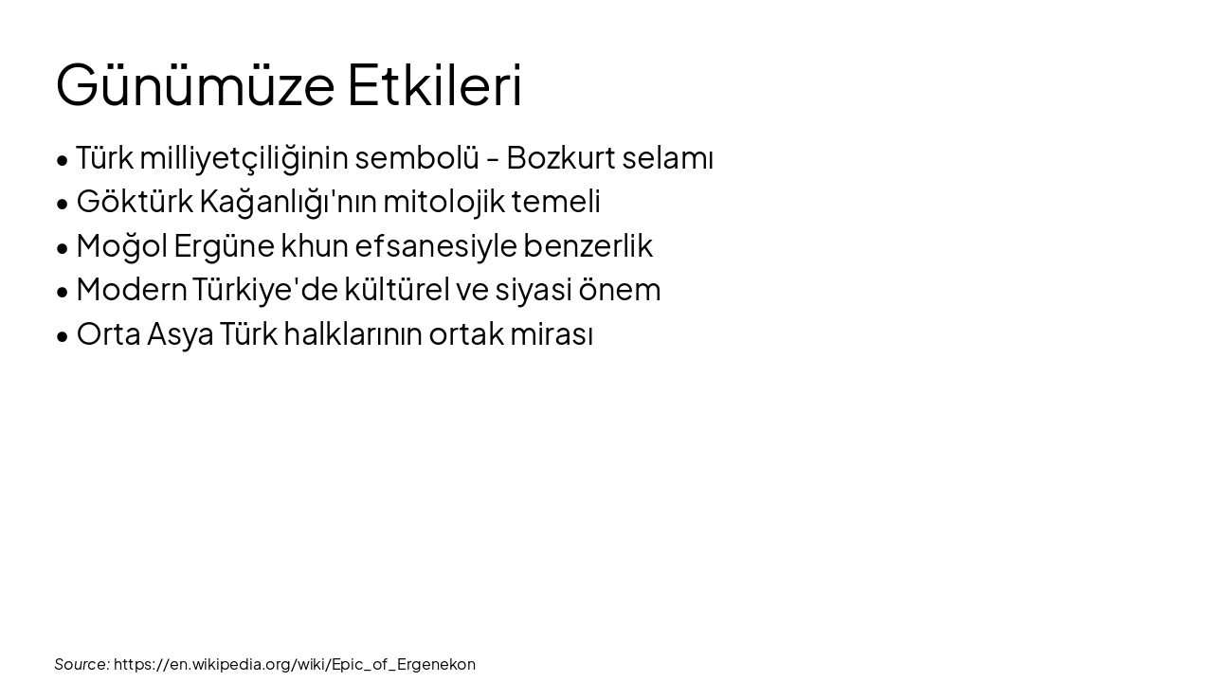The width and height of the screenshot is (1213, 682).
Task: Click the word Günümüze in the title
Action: [195, 85]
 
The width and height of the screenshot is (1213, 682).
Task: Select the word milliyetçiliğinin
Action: [244, 158]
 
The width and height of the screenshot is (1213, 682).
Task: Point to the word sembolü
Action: [417, 158]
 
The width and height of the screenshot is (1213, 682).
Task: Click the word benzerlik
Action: [588, 246]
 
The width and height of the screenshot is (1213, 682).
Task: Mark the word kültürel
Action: [396, 290]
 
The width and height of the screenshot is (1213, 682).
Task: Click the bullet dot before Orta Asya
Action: [63, 336]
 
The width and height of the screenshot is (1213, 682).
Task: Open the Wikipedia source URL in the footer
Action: [295, 664]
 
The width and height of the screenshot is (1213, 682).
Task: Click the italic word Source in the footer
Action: [81, 664]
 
